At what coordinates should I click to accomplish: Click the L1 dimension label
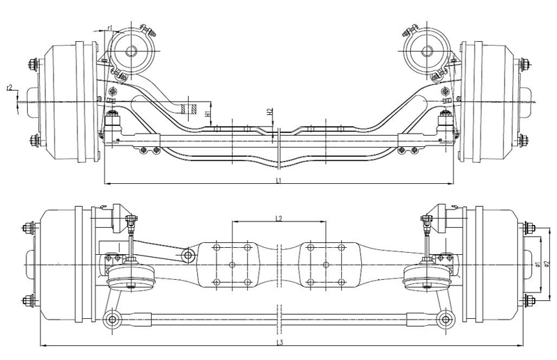click(278, 180)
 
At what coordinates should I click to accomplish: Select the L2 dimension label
click(278, 219)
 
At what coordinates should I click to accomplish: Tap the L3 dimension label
click(278, 342)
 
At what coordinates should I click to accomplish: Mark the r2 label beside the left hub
click(9, 88)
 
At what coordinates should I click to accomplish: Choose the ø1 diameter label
click(539, 264)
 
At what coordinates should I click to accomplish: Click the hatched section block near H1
click(187, 109)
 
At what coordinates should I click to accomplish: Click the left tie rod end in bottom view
click(111, 320)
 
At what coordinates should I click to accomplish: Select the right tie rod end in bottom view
click(444, 320)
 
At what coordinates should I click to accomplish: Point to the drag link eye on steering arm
click(187, 256)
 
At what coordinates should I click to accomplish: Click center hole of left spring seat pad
click(233, 265)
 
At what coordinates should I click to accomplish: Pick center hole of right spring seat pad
click(325, 265)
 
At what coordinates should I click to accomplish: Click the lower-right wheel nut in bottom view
click(526, 301)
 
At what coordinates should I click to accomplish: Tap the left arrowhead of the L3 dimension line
click(42, 345)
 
